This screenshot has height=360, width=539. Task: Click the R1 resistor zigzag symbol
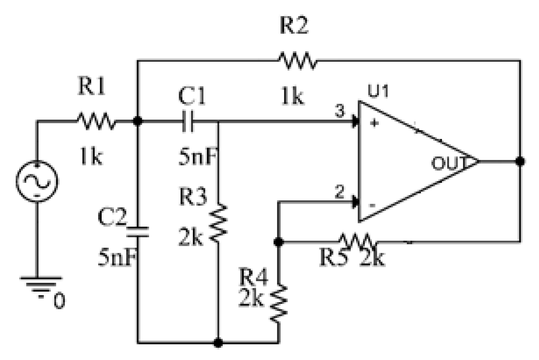pyautogui.click(x=96, y=121)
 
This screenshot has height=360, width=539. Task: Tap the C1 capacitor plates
pyautogui.click(x=188, y=121)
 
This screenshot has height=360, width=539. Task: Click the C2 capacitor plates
pyautogui.click(x=137, y=231)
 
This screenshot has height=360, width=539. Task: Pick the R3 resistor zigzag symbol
pyautogui.click(x=218, y=223)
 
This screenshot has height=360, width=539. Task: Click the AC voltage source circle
pyautogui.click(x=37, y=181)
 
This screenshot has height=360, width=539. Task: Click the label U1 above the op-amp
pyautogui.click(x=378, y=91)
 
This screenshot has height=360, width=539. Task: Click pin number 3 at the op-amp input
pyautogui.click(x=340, y=111)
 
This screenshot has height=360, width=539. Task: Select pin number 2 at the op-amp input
pyautogui.click(x=340, y=192)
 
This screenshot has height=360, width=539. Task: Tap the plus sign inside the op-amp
pyautogui.click(x=374, y=123)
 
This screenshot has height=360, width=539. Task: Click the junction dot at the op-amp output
pyautogui.click(x=520, y=161)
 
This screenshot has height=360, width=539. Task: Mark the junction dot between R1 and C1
pyautogui.click(x=137, y=121)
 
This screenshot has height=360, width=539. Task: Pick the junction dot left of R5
pyautogui.click(x=278, y=242)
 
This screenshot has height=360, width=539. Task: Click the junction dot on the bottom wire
pyautogui.click(x=218, y=343)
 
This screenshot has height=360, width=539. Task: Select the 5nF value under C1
pyautogui.click(x=198, y=157)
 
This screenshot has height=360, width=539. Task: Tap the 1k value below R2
pyautogui.click(x=292, y=97)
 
